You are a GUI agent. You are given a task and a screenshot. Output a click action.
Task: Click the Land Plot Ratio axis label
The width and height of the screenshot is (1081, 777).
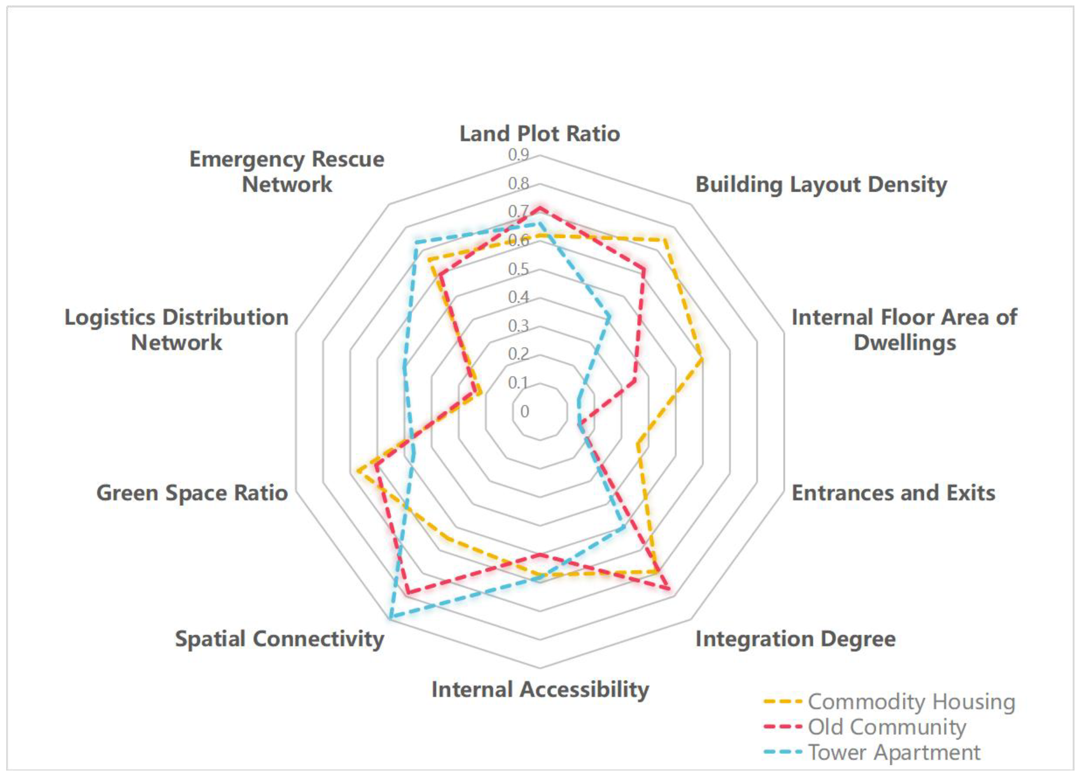coord(539,134)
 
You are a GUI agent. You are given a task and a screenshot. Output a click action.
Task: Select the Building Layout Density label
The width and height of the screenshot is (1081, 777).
coord(821,185)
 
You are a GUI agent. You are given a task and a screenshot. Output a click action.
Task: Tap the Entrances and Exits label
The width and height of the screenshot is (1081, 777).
coord(893,493)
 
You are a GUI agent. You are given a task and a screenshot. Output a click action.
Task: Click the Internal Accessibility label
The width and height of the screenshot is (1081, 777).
coord(540,690)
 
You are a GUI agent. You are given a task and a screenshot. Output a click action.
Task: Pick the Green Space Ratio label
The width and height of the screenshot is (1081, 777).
coord(192,493)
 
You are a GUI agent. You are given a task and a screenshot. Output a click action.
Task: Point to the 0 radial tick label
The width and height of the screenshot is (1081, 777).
coord(524,412)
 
